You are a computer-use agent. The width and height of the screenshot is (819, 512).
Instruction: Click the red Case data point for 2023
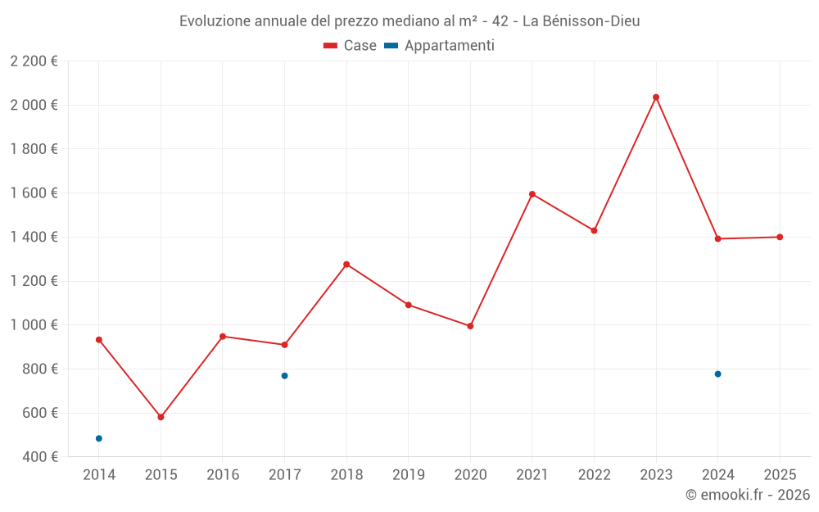pos(656,97)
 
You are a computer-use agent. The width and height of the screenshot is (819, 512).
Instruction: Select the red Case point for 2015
pos(161,417)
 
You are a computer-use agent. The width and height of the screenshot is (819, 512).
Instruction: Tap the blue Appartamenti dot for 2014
pos(99,438)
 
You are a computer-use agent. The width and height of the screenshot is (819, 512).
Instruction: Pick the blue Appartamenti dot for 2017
pos(284,376)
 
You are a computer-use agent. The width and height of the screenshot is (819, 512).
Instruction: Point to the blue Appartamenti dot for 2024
pos(717,374)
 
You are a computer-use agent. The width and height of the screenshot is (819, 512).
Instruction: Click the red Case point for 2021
pos(532,194)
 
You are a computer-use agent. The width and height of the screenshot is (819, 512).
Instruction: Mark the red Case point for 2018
pos(346,265)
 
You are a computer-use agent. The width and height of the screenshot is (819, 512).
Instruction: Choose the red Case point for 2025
pos(780,237)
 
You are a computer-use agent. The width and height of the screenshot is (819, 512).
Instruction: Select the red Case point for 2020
pos(470,326)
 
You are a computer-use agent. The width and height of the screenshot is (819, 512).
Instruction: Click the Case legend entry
pos(351,46)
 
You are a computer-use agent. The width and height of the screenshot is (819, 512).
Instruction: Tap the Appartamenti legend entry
pos(440,46)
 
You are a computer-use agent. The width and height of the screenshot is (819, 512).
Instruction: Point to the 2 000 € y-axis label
pos(34,105)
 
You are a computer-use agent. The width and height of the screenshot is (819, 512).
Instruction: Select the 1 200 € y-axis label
pos(34,281)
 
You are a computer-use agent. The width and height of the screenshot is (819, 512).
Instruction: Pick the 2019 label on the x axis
pos(408,475)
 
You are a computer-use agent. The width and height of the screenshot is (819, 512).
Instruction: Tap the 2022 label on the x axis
pos(594,475)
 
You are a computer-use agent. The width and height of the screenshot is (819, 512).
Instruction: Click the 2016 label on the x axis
pos(223,475)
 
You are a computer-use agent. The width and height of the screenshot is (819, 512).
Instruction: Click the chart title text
pos(409,21)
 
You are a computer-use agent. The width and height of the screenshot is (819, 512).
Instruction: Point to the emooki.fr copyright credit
pos(747,495)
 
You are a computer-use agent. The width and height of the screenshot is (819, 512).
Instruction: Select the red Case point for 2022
pos(594,230)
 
